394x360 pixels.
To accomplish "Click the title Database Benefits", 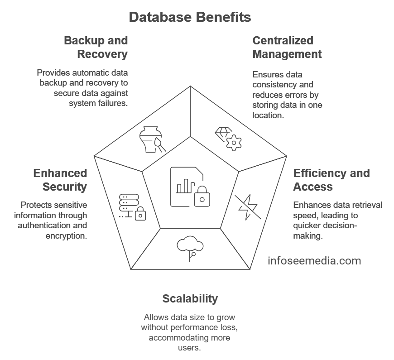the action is [190, 17].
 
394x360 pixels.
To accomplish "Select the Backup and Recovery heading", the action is [96, 47].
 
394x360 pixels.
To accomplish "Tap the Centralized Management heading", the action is [287, 47].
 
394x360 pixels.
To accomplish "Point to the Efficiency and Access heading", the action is [331, 180].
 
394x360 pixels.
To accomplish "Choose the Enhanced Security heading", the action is [60, 180].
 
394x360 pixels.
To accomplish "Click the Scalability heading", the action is [190, 299].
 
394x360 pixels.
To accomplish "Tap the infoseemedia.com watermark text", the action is [314, 261].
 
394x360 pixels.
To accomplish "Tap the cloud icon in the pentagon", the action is [190, 247].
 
